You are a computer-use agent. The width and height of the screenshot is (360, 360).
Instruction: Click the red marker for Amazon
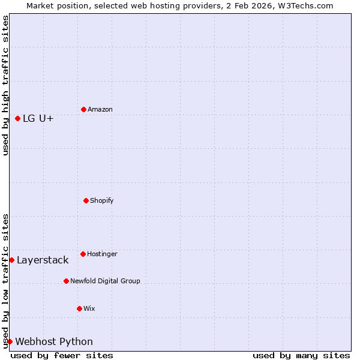(x=83, y=109)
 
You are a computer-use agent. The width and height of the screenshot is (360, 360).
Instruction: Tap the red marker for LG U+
(x=17, y=119)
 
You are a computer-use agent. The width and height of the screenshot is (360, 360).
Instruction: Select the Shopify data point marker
(x=86, y=200)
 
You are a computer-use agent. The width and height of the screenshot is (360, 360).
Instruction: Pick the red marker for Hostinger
(x=83, y=254)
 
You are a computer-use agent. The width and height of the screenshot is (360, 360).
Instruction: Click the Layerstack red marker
(x=11, y=260)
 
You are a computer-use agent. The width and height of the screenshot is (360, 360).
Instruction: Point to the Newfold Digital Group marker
(x=66, y=281)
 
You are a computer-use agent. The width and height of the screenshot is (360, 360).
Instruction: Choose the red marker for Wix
(x=79, y=308)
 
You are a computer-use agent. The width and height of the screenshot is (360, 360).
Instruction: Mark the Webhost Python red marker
(x=10, y=341)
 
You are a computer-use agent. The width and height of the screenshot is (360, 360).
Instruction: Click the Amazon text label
(x=100, y=109)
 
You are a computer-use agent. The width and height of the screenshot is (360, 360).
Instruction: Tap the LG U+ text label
(x=38, y=119)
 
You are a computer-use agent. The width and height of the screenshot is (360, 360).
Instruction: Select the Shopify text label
(x=102, y=200)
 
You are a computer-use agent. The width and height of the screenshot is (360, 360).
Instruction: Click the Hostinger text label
(x=102, y=254)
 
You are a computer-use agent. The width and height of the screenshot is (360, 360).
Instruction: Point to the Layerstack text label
(x=43, y=260)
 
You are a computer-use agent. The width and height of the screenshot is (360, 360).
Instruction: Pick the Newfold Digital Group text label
(x=105, y=281)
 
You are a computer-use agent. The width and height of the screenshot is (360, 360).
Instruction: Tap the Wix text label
(x=89, y=308)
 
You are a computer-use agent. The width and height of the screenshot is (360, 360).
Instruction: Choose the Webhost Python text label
(x=54, y=342)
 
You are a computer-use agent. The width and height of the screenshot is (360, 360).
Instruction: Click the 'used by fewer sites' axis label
(x=62, y=355)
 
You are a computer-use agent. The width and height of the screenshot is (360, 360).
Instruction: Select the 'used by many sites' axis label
(x=301, y=355)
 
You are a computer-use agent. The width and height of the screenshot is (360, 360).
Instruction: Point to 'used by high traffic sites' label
(x=5, y=85)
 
